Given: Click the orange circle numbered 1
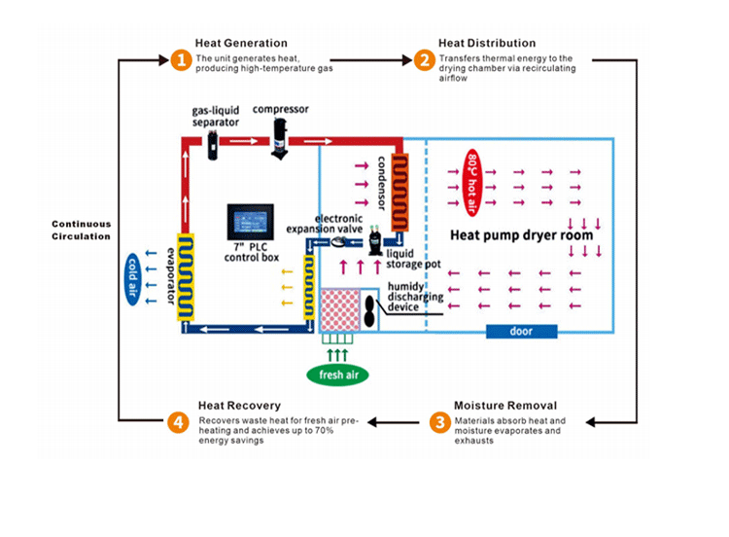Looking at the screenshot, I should pos(179,60).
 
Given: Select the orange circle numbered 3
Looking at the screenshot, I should pos(439,422).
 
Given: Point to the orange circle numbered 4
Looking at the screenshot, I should pos(177,422).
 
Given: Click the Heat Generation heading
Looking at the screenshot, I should pos(241,43).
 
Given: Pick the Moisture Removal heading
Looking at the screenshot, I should pos(505,405).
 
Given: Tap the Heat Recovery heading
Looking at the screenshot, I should pos(239,405).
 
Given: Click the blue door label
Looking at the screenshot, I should pos(521,331).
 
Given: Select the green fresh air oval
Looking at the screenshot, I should pos(337,375).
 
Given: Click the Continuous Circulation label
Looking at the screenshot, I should pos(81,230).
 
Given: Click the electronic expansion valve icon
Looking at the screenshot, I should pos(339,241).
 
